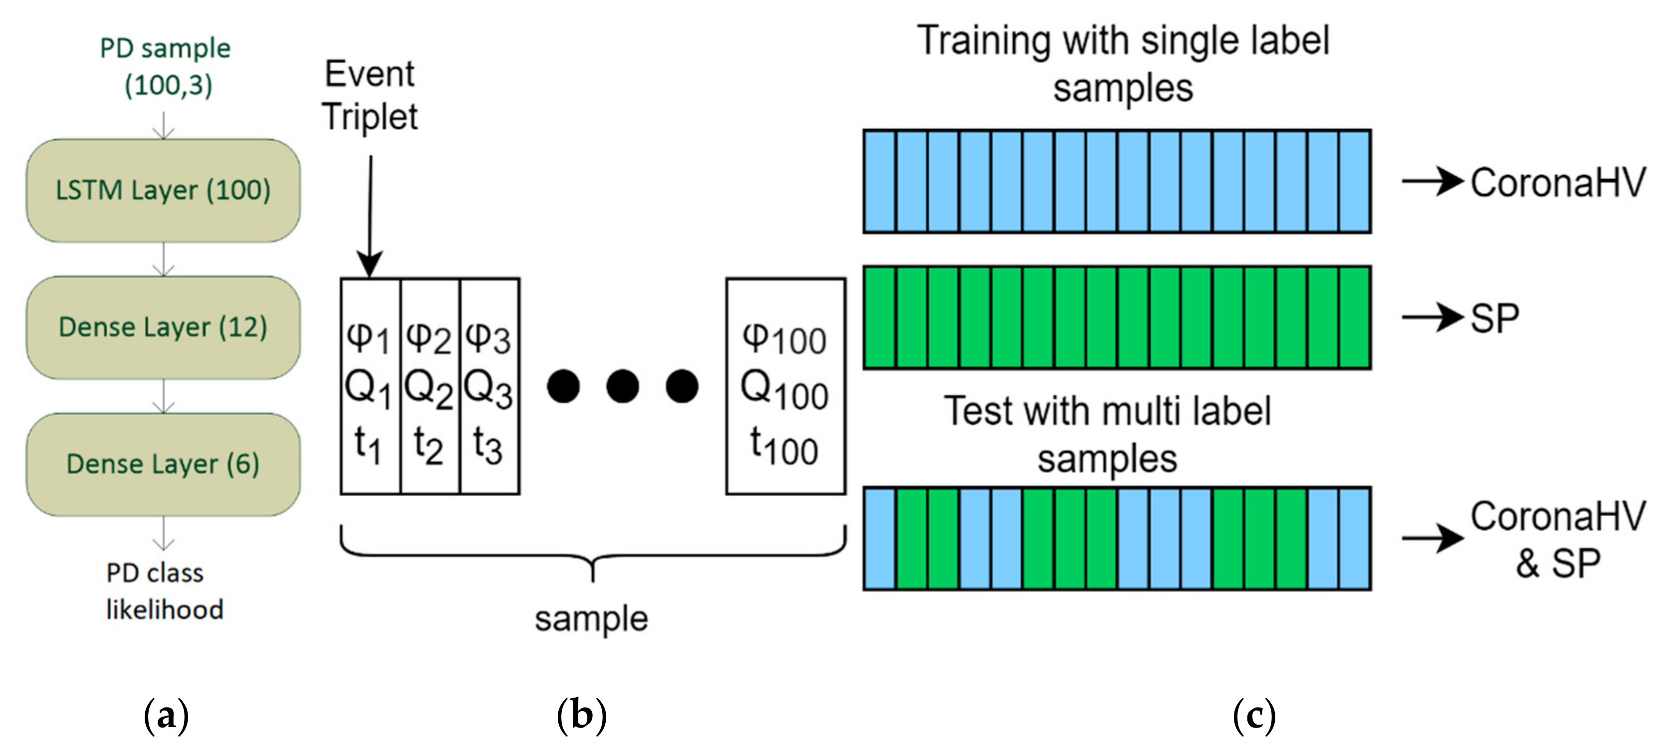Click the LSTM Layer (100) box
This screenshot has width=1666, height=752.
click(x=163, y=190)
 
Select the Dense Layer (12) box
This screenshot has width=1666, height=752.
click(x=163, y=327)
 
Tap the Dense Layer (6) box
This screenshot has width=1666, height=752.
click(x=163, y=464)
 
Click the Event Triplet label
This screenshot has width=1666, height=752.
click(x=370, y=95)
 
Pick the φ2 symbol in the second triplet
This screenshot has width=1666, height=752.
click(x=428, y=337)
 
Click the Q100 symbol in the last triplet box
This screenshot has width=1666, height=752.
click(x=784, y=390)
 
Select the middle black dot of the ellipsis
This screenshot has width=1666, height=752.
click(x=622, y=386)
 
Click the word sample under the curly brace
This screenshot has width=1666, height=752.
click(x=591, y=619)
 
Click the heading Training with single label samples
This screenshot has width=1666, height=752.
click(x=1123, y=63)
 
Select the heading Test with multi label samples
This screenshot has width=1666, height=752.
click(x=1107, y=435)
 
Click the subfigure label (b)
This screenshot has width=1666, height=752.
click(x=581, y=716)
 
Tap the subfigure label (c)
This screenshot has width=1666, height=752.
click(x=1254, y=716)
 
